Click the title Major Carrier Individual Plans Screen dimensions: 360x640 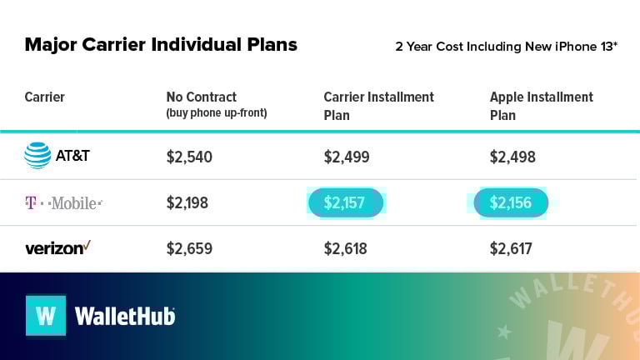pyautogui.click(x=161, y=44)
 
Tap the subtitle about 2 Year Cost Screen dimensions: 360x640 pyautogui.click(x=506, y=46)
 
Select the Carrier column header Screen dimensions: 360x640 pyautogui.click(x=45, y=97)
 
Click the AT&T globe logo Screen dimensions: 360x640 pyautogui.click(x=37, y=156)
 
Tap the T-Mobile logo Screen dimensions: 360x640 pyautogui.click(x=63, y=202)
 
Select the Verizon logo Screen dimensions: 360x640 pyautogui.click(x=57, y=247)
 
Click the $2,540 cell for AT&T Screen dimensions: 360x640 pyautogui.click(x=189, y=157)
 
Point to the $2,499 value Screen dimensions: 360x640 pyautogui.click(x=346, y=157)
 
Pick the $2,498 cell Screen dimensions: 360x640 pyautogui.click(x=512, y=157)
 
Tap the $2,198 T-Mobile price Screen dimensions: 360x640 pyautogui.click(x=187, y=202)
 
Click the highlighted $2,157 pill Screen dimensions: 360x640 pyautogui.click(x=346, y=202)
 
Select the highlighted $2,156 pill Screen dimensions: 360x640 pyautogui.click(x=511, y=202)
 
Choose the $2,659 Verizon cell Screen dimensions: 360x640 pyautogui.click(x=189, y=248)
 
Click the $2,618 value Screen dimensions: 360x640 pyautogui.click(x=346, y=248)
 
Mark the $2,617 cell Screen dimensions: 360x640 pyautogui.click(x=511, y=248)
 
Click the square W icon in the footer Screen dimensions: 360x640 pyautogui.click(x=46, y=316)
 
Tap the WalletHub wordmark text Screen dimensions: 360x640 pyautogui.click(x=125, y=317)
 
